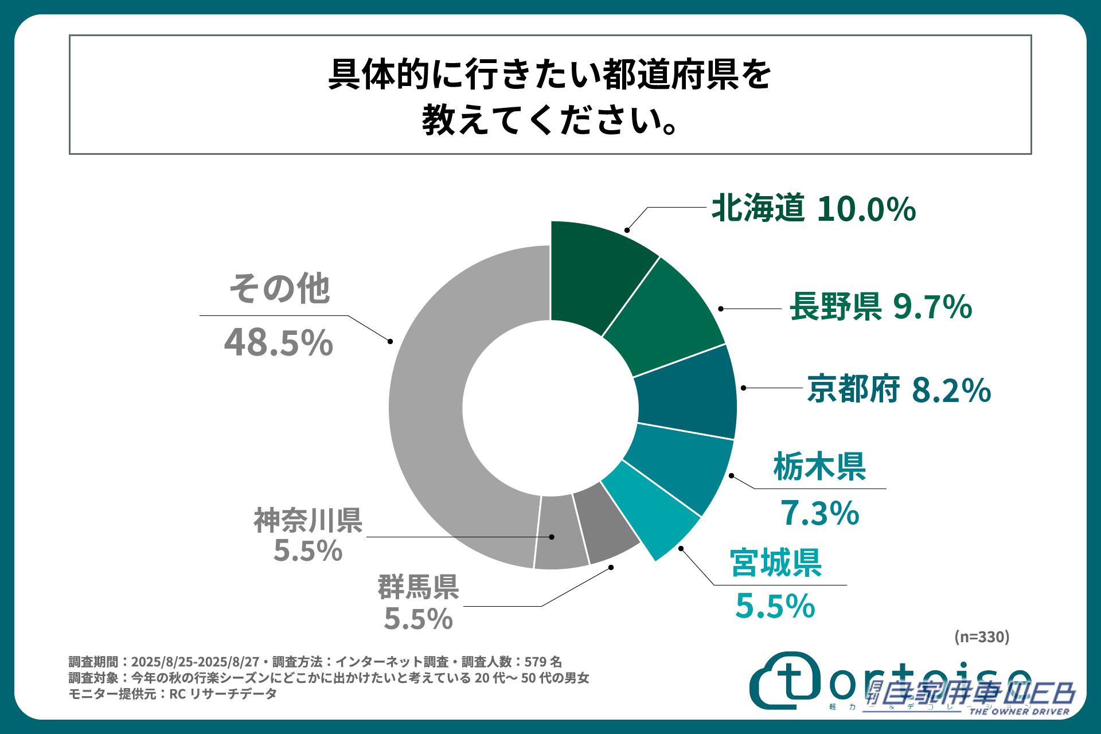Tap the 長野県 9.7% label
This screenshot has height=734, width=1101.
[880, 307]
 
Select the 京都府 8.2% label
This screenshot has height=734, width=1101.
[899, 390]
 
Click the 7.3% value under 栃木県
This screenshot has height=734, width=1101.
[819, 513]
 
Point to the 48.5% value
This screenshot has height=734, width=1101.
[278, 343]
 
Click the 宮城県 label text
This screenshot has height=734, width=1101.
[775, 563]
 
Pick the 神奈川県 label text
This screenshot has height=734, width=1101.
[308, 521]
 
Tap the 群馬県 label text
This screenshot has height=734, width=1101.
[418, 587]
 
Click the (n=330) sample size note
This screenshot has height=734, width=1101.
[982, 637]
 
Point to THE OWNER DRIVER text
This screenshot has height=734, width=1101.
[1019, 712]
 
